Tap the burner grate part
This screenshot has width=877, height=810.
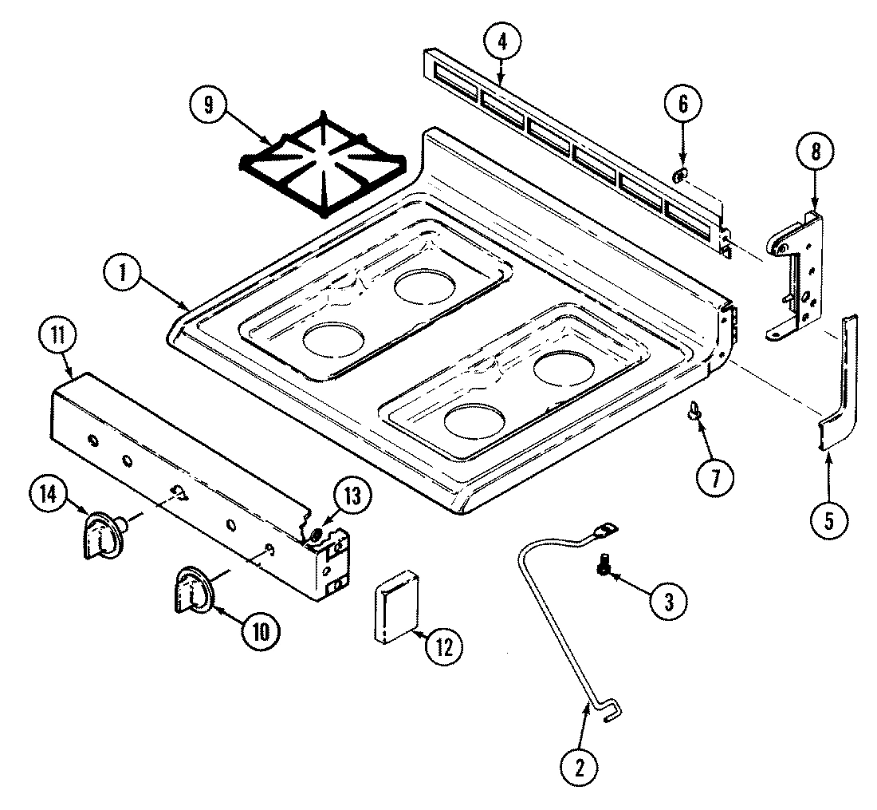(321, 164)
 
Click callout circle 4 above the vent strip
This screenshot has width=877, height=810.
(501, 41)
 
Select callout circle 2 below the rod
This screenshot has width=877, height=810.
(580, 767)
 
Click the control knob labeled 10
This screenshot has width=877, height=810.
(191, 589)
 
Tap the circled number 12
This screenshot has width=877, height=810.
(444, 646)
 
